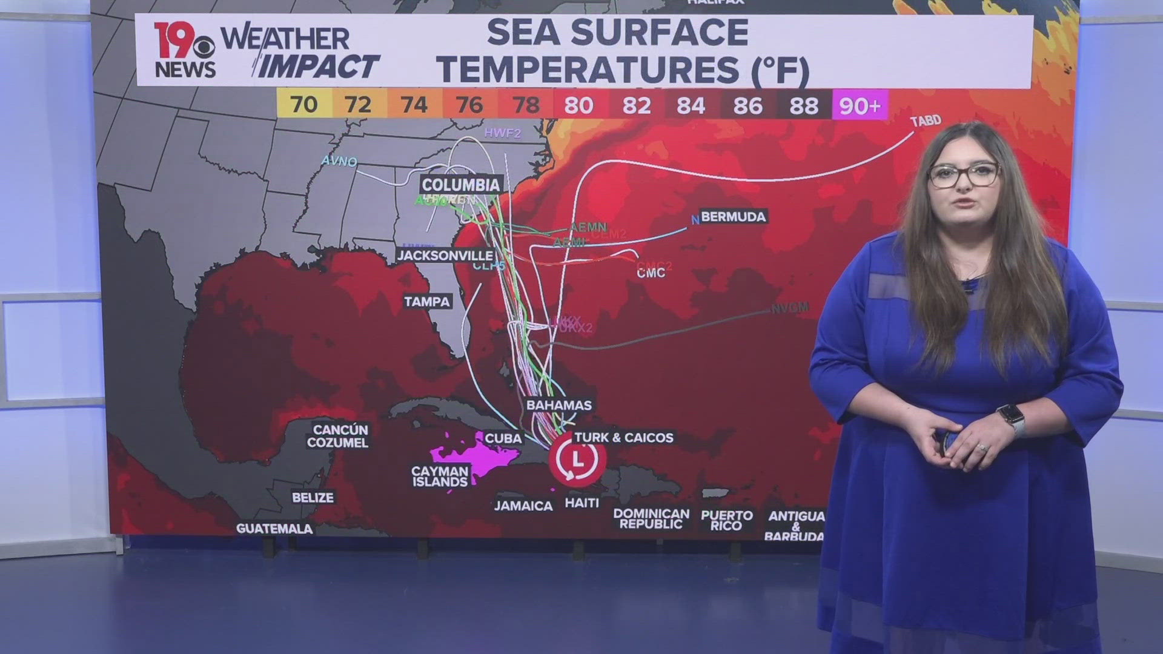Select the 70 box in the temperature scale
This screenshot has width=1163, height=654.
coord(303,105)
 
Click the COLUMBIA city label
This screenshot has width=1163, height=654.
coord(461,185)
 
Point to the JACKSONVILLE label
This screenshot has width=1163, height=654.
coord(445,256)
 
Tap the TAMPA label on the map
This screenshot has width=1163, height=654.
coord(428,302)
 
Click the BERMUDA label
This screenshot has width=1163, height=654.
coord(733,217)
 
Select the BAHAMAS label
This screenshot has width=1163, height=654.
coord(558,405)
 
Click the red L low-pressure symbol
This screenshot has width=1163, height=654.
coord(578,459)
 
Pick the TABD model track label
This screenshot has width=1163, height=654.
coord(926,121)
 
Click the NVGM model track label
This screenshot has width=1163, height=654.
coord(789,308)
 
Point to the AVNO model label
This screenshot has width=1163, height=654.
coord(339,161)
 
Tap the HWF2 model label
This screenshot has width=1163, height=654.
coord(502,133)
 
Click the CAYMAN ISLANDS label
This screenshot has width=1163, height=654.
coord(440,477)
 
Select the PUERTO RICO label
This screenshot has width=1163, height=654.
coord(727,520)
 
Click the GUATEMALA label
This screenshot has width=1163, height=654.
coord(274,529)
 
